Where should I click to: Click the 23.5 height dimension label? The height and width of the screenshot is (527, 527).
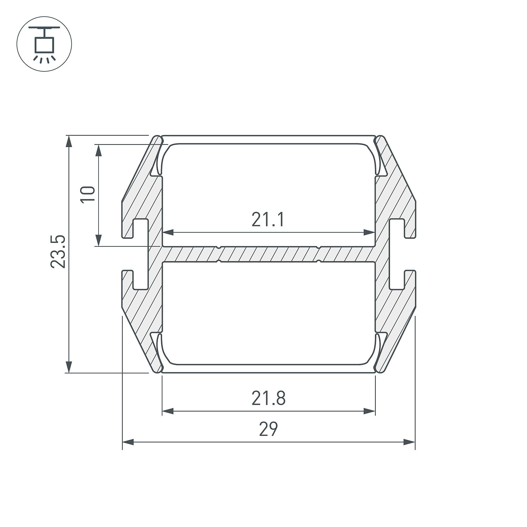point(58,252)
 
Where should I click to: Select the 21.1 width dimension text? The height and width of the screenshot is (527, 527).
point(268,220)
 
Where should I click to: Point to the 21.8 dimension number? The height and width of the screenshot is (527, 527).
point(269,398)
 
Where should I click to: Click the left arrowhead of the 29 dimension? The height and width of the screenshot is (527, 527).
point(128,442)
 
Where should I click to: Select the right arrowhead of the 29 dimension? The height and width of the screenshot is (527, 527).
point(409,442)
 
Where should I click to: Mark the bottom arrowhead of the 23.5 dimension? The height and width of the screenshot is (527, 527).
point(69,367)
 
